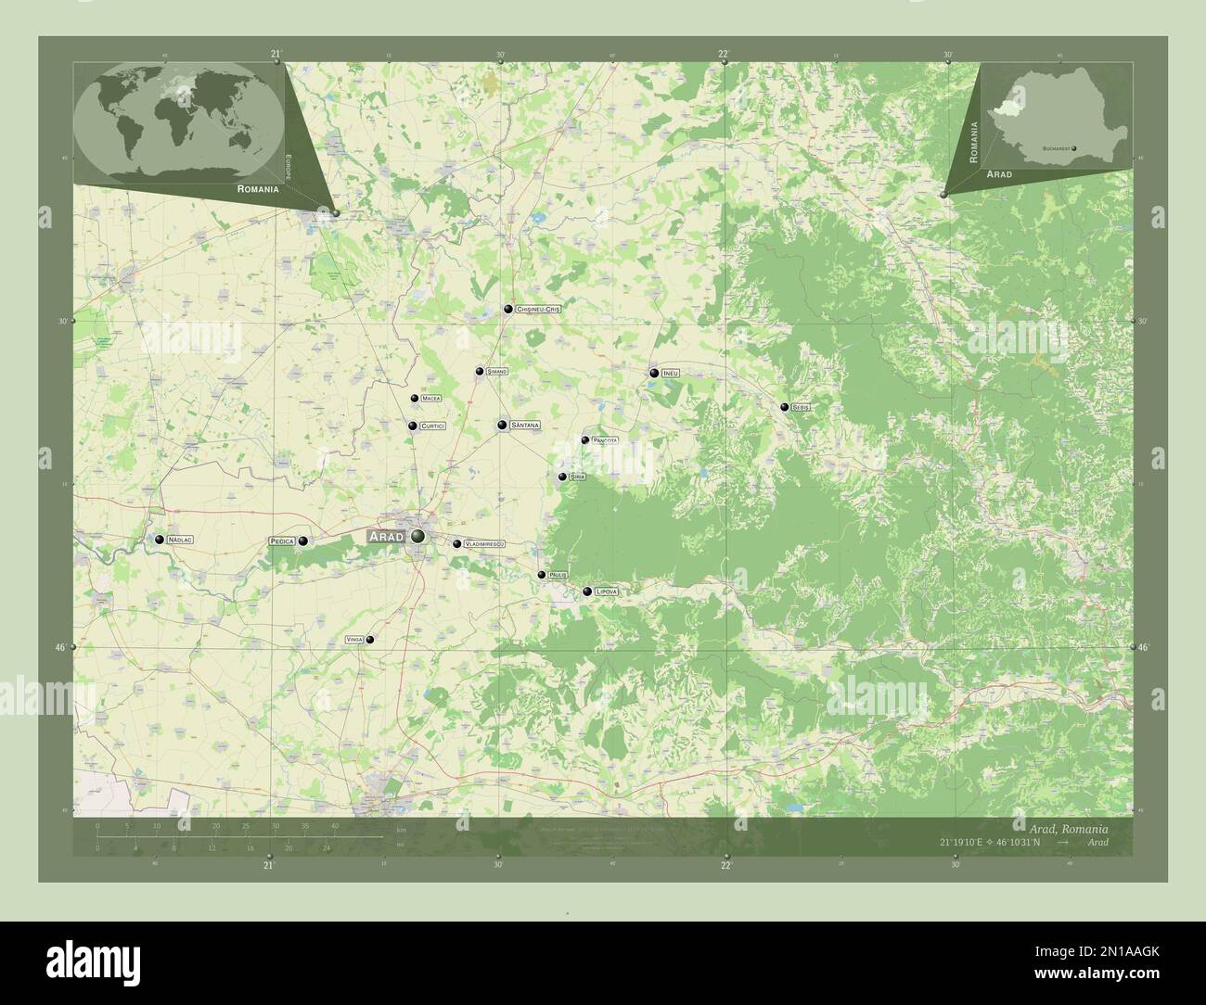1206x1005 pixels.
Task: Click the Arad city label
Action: click(x=386, y=537)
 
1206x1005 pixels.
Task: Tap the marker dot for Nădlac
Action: click(x=160, y=540)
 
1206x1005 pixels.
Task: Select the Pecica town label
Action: click(x=281, y=541)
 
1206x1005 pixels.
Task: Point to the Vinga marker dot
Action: click(x=370, y=639)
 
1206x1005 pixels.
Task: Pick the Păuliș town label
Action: click(x=558, y=576)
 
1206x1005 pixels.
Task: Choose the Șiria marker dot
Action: click(x=562, y=477)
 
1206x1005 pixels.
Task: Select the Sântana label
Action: click(x=525, y=426)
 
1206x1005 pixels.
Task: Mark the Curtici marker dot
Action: click(x=412, y=426)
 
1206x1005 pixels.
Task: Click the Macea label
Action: click(x=430, y=399)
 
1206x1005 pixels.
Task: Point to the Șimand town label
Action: click(x=497, y=372)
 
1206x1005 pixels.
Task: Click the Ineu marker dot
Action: click(x=654, y=373)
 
